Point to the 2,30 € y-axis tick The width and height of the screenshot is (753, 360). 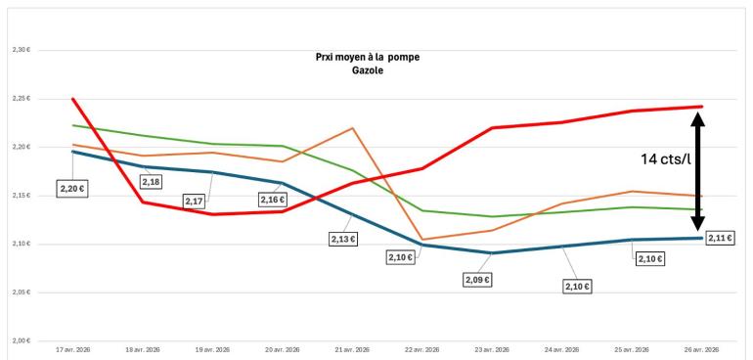[x=21, y=51]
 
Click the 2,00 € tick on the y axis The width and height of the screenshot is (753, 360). [x=21, y=340]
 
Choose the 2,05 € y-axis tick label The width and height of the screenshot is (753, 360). [x=21, y=292]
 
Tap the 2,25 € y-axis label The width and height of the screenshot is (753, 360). [x=21, y=99]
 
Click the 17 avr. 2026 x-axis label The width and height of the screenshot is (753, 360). [x=73, y=349]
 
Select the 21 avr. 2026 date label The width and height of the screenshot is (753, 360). [x=352, y=349]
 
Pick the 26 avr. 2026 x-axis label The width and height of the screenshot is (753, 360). [x=701, y=349]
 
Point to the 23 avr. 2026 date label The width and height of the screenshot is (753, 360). [x=492, y=349]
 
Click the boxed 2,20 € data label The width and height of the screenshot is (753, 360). [x=72, y=187]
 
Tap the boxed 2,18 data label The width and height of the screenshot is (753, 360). [x=151, y=182]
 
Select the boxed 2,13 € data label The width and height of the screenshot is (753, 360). [x=343, y=238]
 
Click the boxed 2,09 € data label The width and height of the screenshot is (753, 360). [x=477, y=280]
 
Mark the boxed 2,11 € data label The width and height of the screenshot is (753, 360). [x=721, y=237]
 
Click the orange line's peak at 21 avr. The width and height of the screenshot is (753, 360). [x=352, y=128]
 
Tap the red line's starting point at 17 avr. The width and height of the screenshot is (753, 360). [x=73, y=99]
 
